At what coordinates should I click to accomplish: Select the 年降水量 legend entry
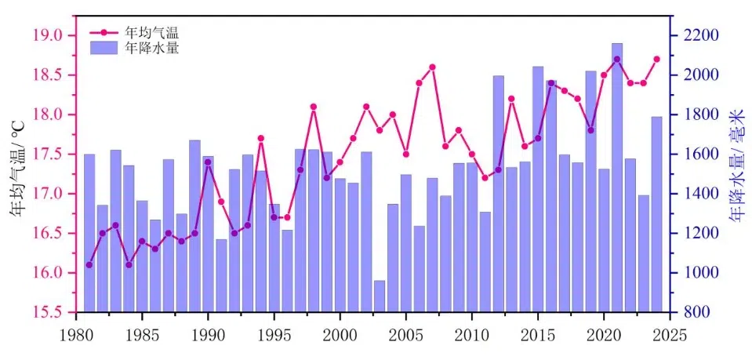152,48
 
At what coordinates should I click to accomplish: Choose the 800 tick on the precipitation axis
694,312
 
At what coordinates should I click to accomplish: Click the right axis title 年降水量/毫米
737,173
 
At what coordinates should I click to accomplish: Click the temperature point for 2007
432,67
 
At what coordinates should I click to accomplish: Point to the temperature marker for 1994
260,138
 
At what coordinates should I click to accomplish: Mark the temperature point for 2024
656,59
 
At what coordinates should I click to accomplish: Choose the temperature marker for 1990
208,162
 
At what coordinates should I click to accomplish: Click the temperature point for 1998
314,107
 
